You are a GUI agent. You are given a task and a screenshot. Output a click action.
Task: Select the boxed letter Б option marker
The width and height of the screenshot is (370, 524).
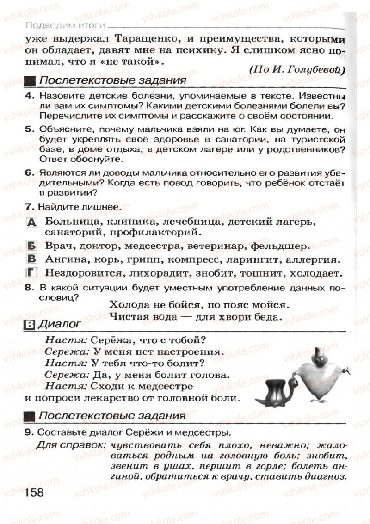pyautogui.click(x=31, y=246)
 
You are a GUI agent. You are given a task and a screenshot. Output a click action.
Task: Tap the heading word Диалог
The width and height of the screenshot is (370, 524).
pyautogui.click(x=58, y=325)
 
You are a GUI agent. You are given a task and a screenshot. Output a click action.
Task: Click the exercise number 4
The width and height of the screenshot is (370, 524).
pyautogui.click(x=29, y=96)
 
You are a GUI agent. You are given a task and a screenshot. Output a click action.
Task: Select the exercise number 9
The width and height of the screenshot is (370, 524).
pyautogui.click(x=29, y=432)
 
